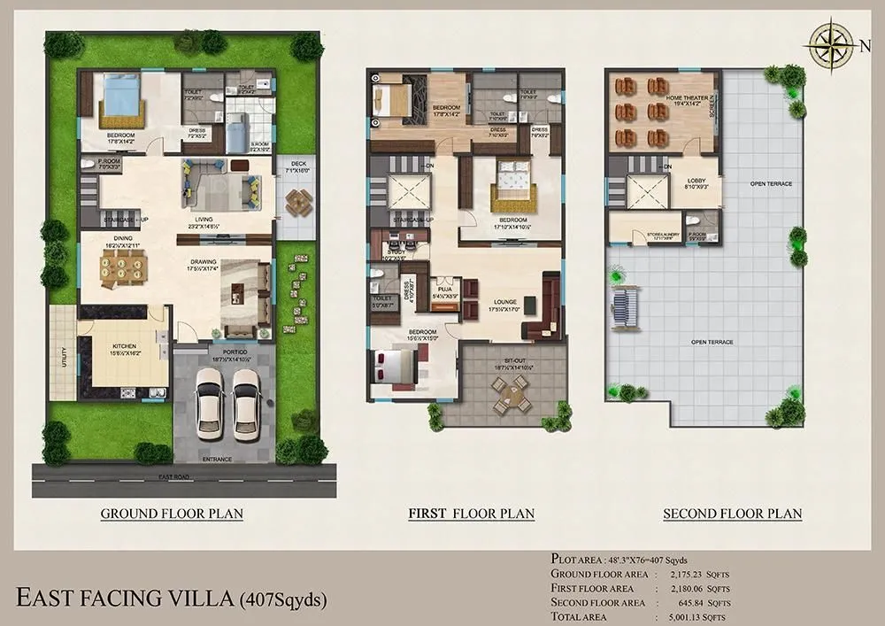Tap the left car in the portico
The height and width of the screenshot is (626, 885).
210,403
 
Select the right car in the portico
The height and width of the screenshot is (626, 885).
247,403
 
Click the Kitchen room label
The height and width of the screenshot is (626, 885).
122,349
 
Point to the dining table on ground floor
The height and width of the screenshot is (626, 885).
123,269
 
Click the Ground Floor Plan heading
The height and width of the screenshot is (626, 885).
172,514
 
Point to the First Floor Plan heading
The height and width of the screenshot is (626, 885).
470,514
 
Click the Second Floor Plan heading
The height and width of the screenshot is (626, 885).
733,514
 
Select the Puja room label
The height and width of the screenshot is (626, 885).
444,288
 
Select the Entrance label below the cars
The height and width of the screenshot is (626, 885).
216,460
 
